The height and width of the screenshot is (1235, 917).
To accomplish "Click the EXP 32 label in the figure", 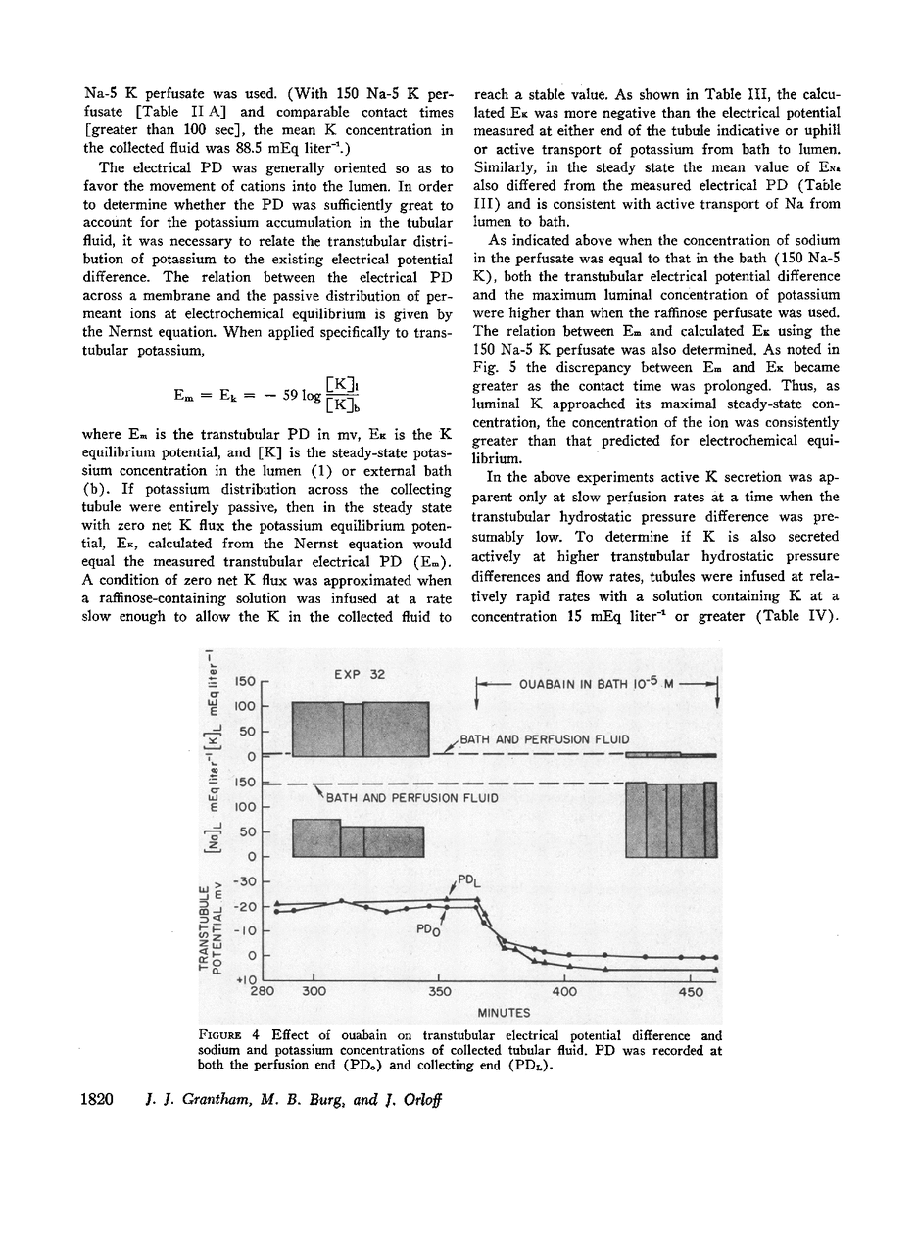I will (x=360, y=675).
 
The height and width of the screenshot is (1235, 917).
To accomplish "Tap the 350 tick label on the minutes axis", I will (x=441, y=991).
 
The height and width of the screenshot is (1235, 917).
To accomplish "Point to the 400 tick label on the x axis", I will (x=565, y=991).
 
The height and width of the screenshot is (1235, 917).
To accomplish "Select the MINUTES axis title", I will (x=505, y=1013).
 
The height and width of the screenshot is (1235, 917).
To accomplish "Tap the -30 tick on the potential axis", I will (x=244, y=881).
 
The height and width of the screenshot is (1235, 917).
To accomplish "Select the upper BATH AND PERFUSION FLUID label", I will (x=545, y=739).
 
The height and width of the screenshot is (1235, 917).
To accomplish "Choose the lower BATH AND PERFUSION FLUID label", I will (x=412, y=798).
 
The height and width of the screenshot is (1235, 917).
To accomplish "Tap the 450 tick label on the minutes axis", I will (x=691, y=991).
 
